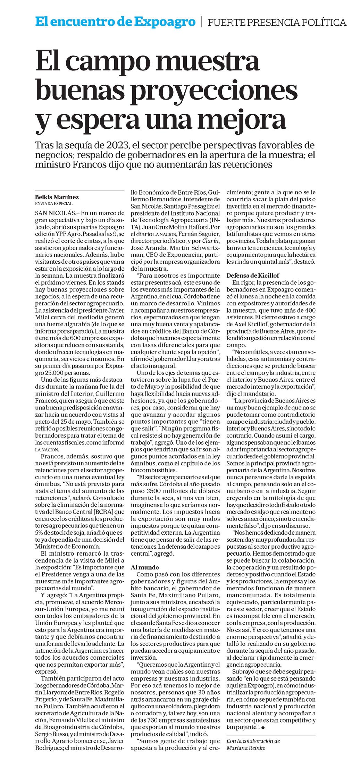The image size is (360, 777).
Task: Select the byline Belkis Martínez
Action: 57,197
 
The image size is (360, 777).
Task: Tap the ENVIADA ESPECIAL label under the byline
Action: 54,204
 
